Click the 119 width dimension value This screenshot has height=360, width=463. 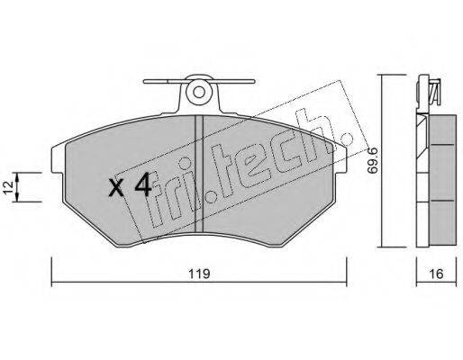tap(199, 274)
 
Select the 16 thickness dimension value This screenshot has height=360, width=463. tap(436, 274)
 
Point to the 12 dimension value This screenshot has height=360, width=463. tap(9, 187)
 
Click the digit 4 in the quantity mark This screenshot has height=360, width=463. tap(143, 184)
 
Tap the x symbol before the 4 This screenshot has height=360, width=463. tap(116, 188)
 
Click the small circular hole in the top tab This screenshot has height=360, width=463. tap(198, 93)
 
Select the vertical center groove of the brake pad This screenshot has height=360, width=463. tap(199, 174)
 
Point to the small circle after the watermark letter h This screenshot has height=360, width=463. tap(348, 139)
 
